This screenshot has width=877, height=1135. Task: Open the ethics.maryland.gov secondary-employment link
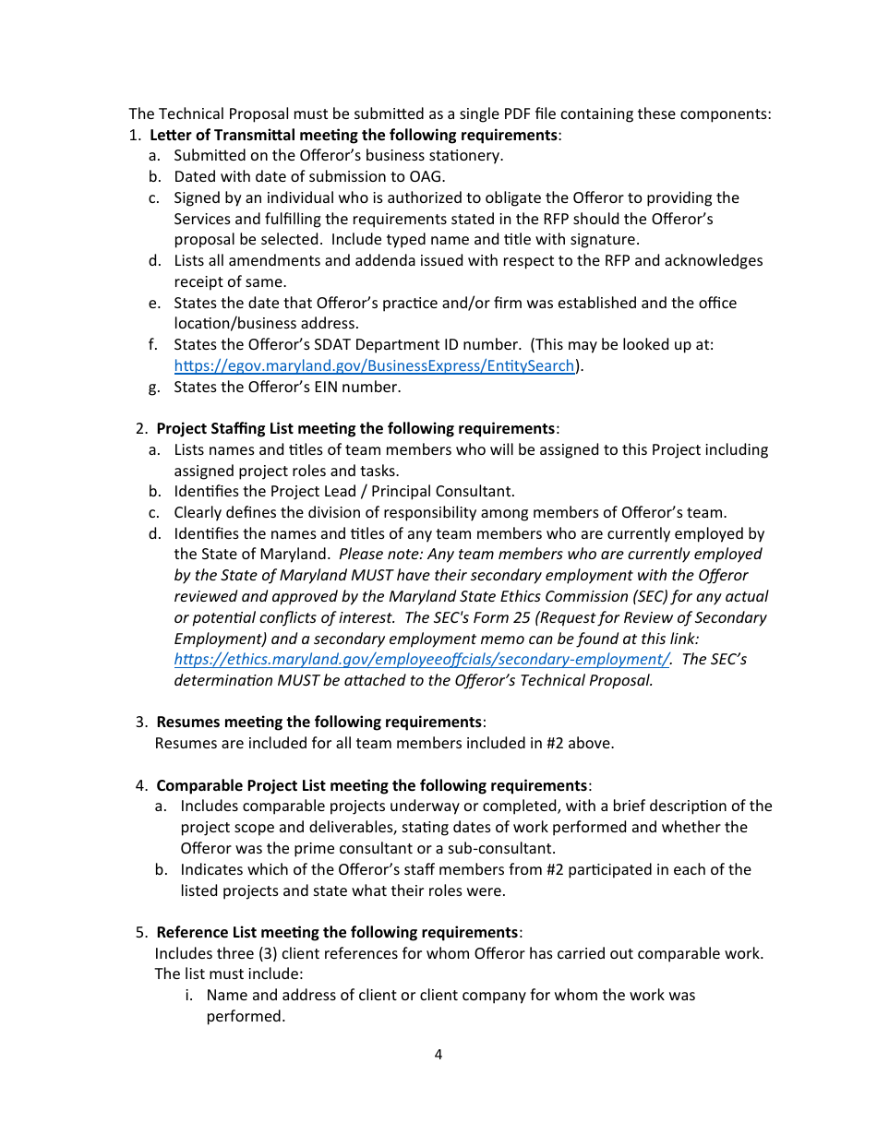pos(422,660)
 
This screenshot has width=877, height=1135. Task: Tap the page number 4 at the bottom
pos(438,1055)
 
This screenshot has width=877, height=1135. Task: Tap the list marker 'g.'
pos(154,388)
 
